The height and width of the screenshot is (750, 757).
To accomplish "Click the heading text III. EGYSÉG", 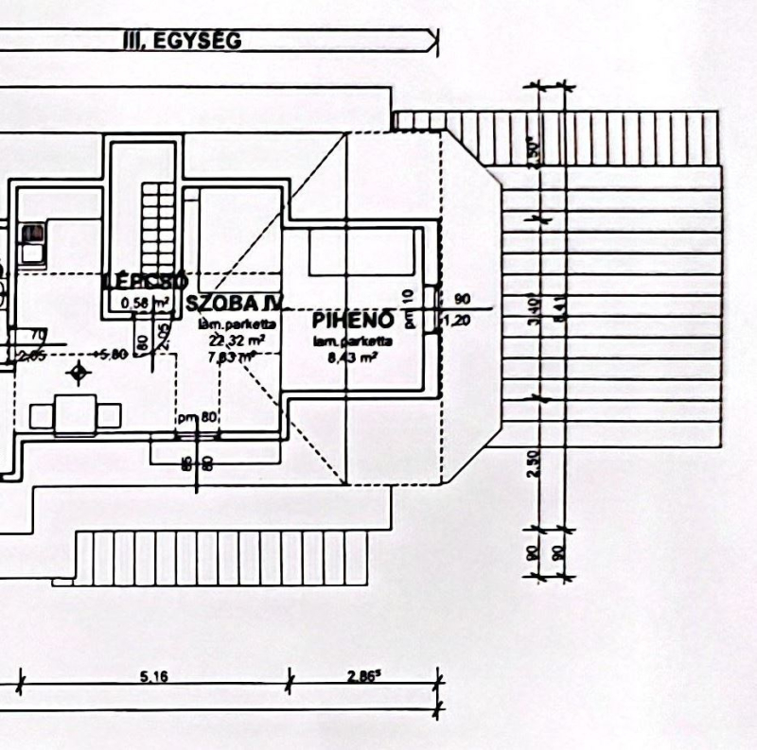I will pos(183,41).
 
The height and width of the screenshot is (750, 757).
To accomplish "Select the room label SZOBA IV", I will pos(234,304).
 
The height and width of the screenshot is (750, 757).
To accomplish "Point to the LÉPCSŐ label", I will pos(147,281).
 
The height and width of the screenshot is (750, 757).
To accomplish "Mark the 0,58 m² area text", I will pos(146,303).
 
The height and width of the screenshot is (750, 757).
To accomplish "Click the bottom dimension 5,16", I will pos(154,676).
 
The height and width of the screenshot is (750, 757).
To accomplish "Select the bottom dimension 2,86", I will pos(362,676).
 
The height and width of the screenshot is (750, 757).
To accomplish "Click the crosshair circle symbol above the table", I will pos(78,374).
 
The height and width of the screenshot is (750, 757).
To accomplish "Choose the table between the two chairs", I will pos(76,414).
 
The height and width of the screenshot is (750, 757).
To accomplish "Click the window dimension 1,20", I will pos(463,320).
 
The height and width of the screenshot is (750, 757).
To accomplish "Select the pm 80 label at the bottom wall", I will pos(198,417).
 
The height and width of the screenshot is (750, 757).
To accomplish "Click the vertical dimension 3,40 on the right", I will pos(536,308).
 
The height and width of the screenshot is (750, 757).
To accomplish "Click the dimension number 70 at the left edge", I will pos(39,335).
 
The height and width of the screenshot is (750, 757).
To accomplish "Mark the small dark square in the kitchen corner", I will pos(33,231).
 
